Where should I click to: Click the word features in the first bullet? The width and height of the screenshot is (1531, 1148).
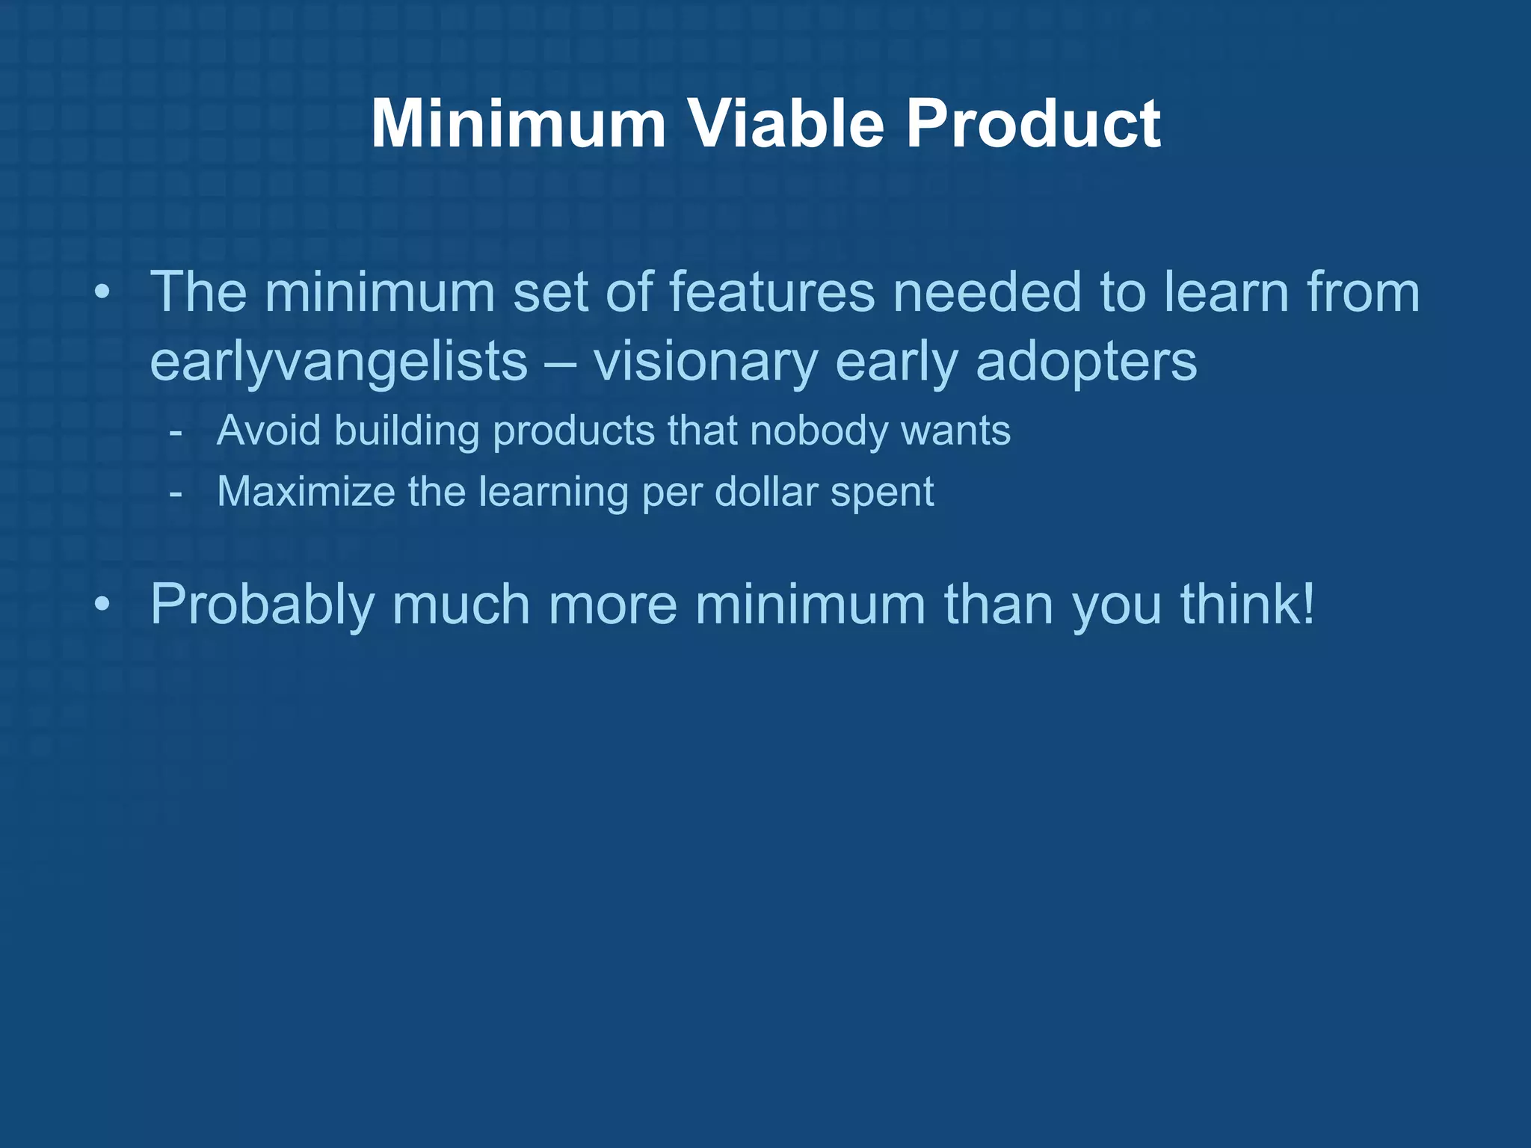click(x=771, y=292)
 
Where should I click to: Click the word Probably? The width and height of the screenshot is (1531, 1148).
click(x=262, y=605)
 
